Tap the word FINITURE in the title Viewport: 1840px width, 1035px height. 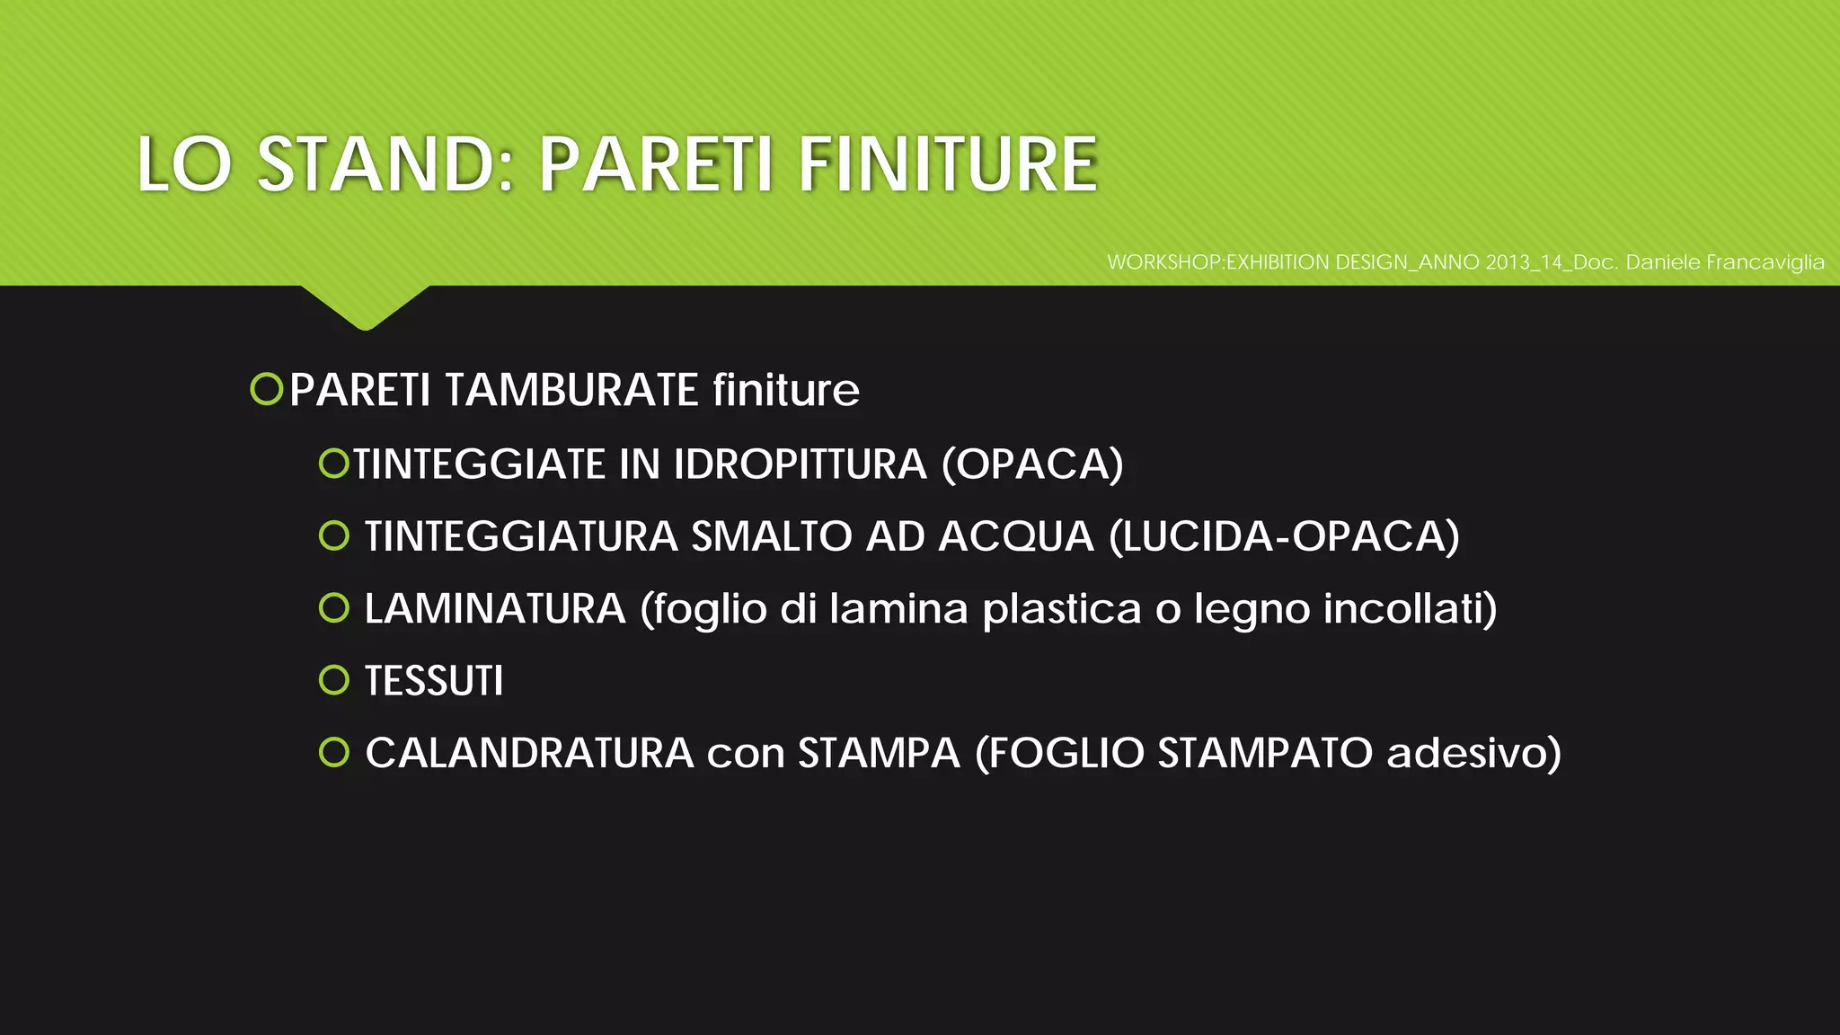click(x=948, y=164)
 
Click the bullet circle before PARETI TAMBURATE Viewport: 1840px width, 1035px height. click(x=267, y=390)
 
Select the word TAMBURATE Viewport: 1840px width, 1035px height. click(x=571, y=390)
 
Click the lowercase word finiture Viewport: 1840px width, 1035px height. click(x=786, y=390)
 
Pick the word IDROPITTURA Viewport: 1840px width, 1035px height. click(x=800, y=464)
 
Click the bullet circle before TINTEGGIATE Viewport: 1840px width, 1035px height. click(x=333, y=464)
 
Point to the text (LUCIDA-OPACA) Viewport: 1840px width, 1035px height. click(x=1284, y=537)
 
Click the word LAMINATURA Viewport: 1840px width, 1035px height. click(x=495, y=609)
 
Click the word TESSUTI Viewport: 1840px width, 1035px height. click(x=434, y=681)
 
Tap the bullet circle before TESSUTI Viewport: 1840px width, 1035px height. click(x=333, y=680)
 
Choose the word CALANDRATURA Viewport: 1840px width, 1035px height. click(x=529, y=753)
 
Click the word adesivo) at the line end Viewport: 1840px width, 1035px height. click(x=1473, y=753)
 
